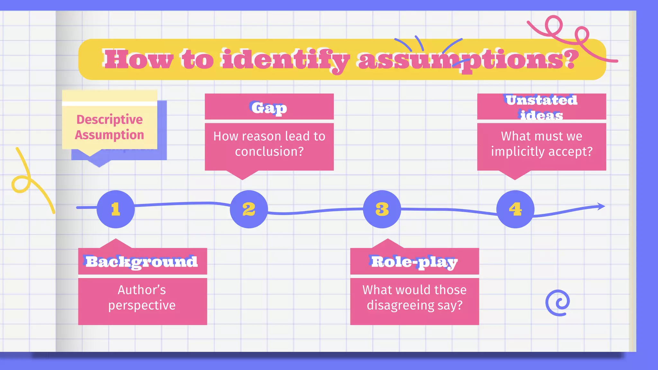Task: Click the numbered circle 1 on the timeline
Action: click(116, 209)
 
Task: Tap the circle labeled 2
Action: click(249, 209)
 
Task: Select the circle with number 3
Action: click(382, 209)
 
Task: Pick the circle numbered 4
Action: click(515, 209)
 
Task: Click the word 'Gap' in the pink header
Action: click(269, 108)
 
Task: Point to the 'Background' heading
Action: click(142, 262)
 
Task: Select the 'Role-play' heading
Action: click(414, 262)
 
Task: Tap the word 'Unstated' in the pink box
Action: click(541, 100)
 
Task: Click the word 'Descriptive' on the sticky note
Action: click(110, 119)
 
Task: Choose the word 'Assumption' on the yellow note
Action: click(110, 135)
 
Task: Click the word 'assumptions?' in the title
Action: click(467, 60)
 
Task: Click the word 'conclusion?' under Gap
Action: click(269, 152)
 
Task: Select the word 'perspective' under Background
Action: click(142, 305)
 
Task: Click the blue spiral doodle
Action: click(558, 303)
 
